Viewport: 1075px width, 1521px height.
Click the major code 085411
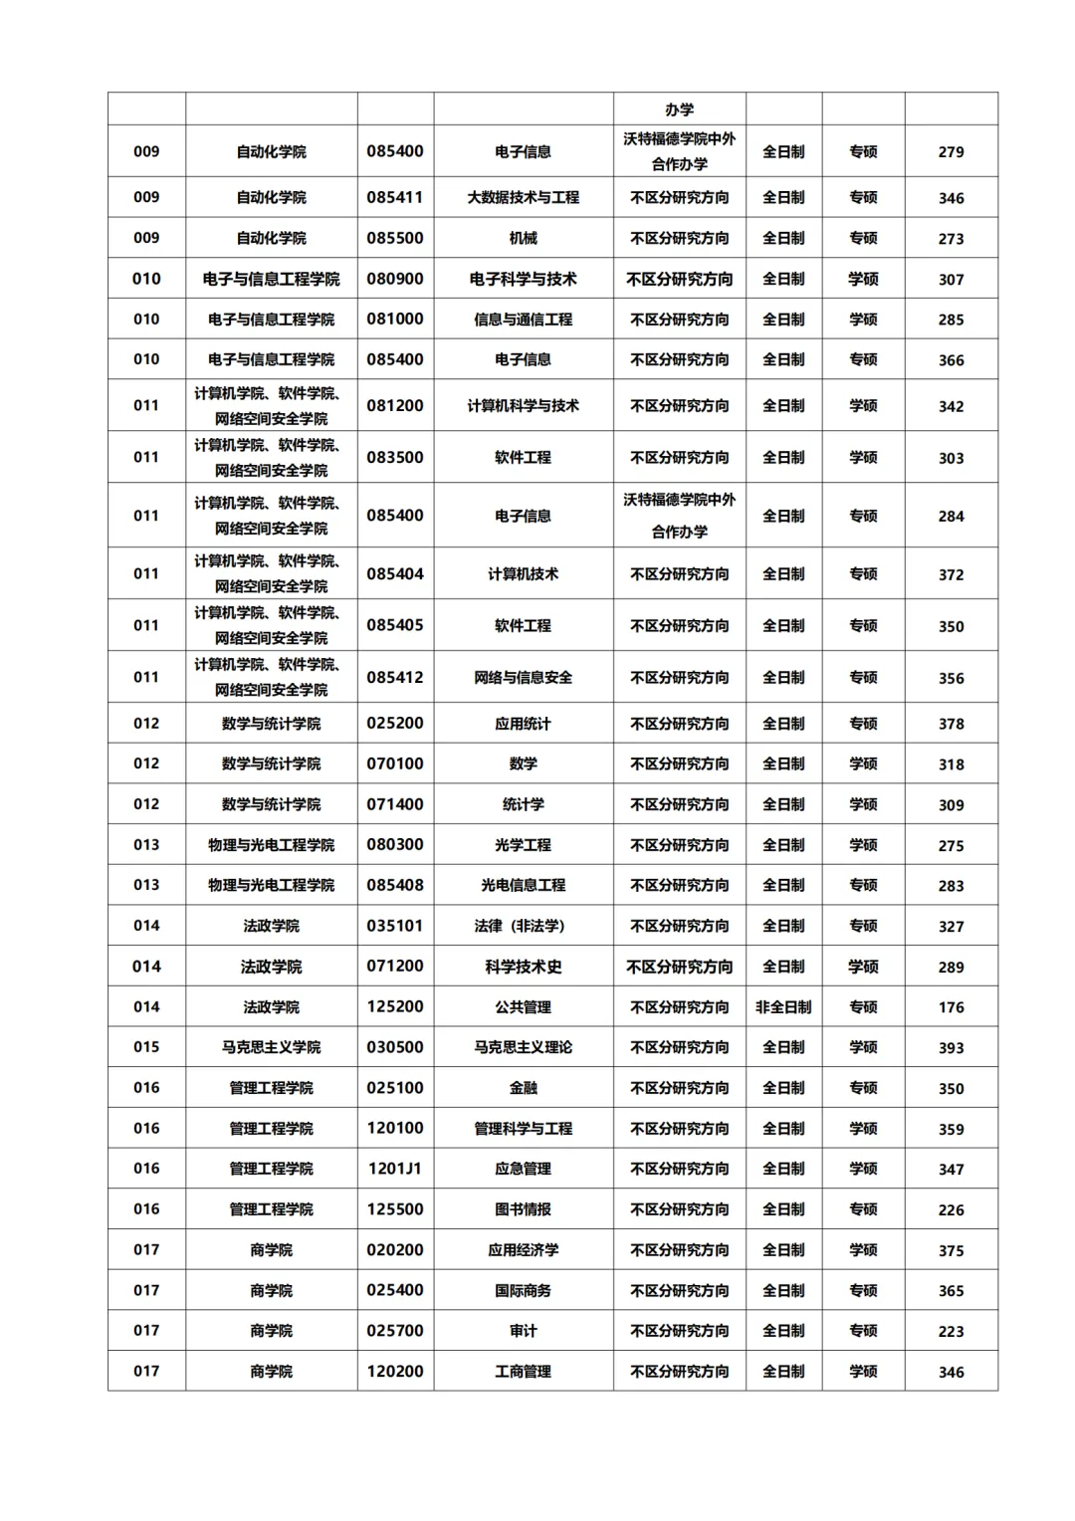(x=395, y=197)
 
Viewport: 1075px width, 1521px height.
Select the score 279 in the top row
(x=951, y=152)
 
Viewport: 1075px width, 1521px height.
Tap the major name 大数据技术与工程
(x=523, y=197)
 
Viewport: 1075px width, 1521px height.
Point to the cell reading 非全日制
(x=783, y=1007)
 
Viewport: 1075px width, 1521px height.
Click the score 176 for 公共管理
(x=951, y=1007)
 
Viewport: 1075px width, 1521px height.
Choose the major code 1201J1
(x=395, y=1169)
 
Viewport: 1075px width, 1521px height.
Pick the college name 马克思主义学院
(x=271, y=1047)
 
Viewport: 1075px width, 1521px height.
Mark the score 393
(x=951, y=1048)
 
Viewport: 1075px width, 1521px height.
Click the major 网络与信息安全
(x=523, y=678)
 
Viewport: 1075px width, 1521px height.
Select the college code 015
(x=146, y=1047)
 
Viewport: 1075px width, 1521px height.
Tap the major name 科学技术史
(x=523, y=967)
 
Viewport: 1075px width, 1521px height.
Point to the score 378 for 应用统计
(x=951, y=724)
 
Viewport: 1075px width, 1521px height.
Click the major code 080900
(x=395, y=279)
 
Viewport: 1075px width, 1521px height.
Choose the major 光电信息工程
(x=523, y=885)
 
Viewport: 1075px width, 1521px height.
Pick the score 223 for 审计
(x=951, y=1331)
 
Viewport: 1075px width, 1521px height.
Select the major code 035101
(x=395, y=926)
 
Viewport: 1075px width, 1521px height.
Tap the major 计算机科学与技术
(x=523, y=406)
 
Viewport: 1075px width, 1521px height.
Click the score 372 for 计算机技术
(x=951, y=574)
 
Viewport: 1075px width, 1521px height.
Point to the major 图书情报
(x=523, y=1209)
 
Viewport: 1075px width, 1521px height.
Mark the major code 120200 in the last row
(x=395, y=1372)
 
